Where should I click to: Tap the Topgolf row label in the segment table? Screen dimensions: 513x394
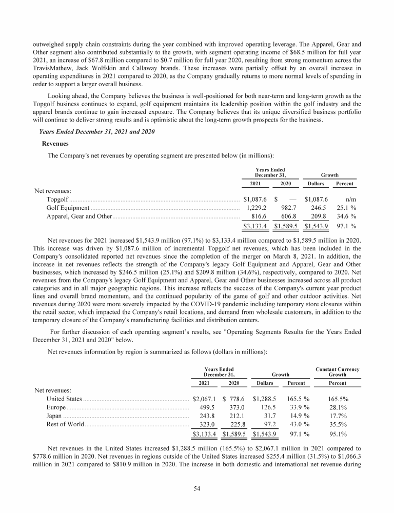pos(57,199)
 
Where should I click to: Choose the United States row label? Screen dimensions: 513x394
pos(64,399)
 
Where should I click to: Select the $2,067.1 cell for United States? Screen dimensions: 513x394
pos(203,399)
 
